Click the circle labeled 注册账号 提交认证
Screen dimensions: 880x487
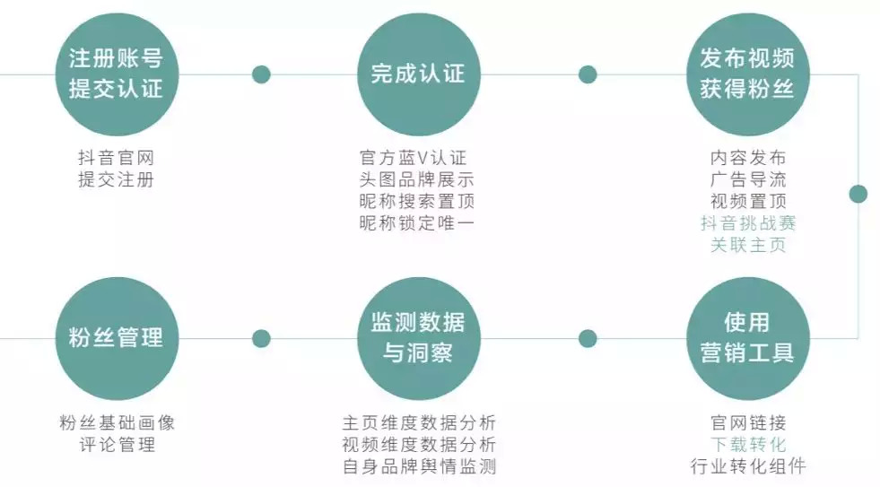[116, 74]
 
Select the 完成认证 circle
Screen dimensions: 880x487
[418, 74]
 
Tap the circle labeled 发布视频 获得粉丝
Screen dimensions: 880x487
[747, 74]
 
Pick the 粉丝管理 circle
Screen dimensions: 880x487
[116, 338]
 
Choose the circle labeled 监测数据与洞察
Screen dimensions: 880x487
[418, 338]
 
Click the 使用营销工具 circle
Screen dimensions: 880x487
[747, 338]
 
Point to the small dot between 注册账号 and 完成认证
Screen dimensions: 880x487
[261, 74]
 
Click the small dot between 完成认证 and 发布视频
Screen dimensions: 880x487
[588, 74]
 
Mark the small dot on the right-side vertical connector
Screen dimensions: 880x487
[858, 194]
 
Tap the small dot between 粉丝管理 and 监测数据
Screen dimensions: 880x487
[261, 338]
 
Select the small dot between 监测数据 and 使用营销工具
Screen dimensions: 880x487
[588, 338]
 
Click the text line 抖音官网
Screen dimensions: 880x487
[116, 159]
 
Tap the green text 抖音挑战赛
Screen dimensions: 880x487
[748, 223]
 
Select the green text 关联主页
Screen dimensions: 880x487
[748, 244]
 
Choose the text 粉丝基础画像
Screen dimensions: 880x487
[117, 423]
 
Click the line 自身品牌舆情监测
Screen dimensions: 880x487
[419, 466]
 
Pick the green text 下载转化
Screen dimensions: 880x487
[748, 445]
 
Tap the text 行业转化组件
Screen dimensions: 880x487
[748, 466]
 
